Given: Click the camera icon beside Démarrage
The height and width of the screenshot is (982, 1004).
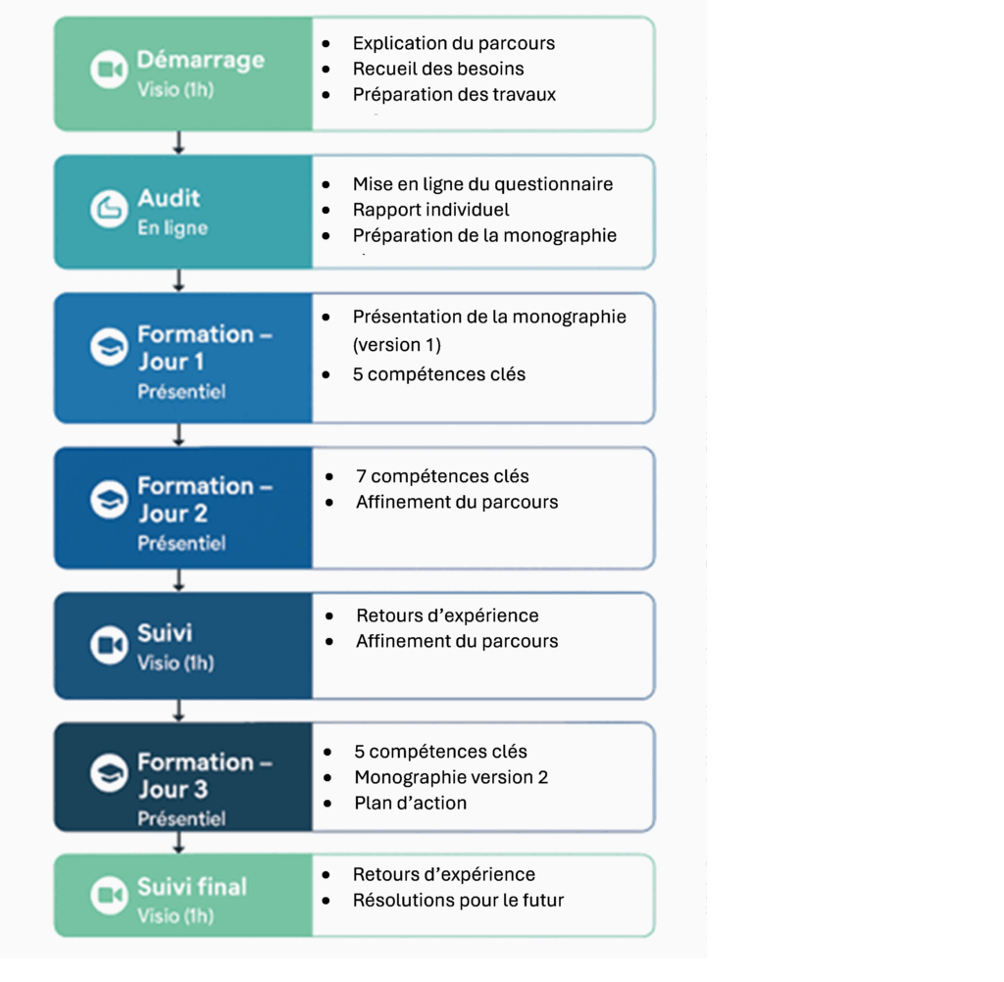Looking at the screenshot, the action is pos(109,70).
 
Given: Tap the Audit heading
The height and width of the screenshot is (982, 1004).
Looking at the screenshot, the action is pos(169,198).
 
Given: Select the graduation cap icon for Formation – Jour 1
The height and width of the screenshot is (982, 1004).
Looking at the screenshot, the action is pos(109,347).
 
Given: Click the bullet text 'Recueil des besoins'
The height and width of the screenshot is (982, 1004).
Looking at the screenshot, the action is pos(438,69).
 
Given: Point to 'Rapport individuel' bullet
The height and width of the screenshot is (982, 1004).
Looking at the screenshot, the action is pos(431,210).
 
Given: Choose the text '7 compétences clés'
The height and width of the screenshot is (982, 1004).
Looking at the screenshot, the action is pos(442,476).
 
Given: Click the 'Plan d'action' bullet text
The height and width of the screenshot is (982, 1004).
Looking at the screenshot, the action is pos(411,803).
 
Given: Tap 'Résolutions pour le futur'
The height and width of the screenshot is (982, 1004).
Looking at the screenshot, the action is pos(459,900).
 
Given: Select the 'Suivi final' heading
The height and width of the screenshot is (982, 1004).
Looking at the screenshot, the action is pos(192,887).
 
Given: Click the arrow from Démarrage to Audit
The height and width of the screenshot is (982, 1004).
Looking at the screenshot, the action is pos(179,143).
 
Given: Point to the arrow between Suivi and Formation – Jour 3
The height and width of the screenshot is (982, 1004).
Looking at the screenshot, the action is pos(179,711).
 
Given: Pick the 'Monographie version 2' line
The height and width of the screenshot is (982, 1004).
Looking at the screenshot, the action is pos(451,777).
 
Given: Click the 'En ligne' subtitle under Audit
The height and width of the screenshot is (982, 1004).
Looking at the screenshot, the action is pos(173,228).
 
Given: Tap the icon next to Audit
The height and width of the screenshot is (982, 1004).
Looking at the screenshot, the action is pos(109,208).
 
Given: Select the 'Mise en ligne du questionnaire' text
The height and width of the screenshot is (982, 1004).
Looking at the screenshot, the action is pos(482,183).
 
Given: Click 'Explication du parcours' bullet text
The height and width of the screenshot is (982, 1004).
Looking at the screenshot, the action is pos(454,43).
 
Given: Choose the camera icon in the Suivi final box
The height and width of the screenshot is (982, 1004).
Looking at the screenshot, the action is pos(109,895).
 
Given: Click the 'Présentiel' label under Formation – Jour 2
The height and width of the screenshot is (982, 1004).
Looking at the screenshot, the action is pos(181,543).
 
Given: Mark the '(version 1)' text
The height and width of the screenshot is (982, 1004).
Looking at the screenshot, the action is pos(397,345).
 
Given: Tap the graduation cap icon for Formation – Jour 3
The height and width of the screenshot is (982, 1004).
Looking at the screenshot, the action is pos(109,772).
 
